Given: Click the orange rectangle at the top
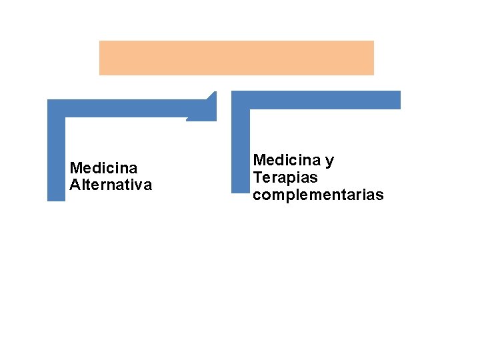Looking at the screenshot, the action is click(x=237, y=58).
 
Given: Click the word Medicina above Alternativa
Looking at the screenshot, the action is click(x=103, y=168).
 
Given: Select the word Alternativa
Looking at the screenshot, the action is click(x=111, y=185).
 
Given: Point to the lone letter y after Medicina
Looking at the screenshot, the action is click(x=330, y=162).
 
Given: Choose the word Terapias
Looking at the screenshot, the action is click(x=285, y=178).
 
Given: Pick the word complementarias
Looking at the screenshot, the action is click(x=318, y=195).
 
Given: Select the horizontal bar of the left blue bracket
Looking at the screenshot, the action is click(x=127, y=109).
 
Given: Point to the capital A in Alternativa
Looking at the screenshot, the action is click(x=74, y=185).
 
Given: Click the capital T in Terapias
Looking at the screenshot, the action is click(x=257, y=178).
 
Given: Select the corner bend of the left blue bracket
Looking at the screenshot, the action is click(x=56, y=109).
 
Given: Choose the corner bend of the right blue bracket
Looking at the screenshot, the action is click(x=240, y=100).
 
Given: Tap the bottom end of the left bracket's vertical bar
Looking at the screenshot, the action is click(x=56, y=197).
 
